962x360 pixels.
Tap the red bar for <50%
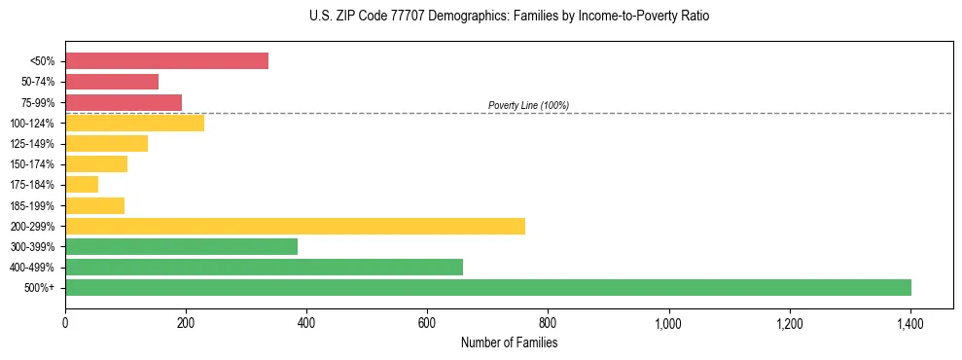tap(166, 61)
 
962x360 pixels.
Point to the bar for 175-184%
tap(82, 185)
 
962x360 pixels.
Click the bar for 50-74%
tap(112, 82)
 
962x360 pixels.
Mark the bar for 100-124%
tap(134, 123)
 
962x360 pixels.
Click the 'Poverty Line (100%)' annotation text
tap(528, 105)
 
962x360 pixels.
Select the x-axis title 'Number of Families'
tap(509, 342)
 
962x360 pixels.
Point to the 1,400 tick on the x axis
tap(910, 322)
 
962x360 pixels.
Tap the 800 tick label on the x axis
tap(548, 322)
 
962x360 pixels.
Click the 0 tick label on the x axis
tap(65, 322)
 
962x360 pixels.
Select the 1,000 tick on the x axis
tap(668, 322)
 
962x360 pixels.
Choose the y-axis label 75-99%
tap(38, 103)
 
